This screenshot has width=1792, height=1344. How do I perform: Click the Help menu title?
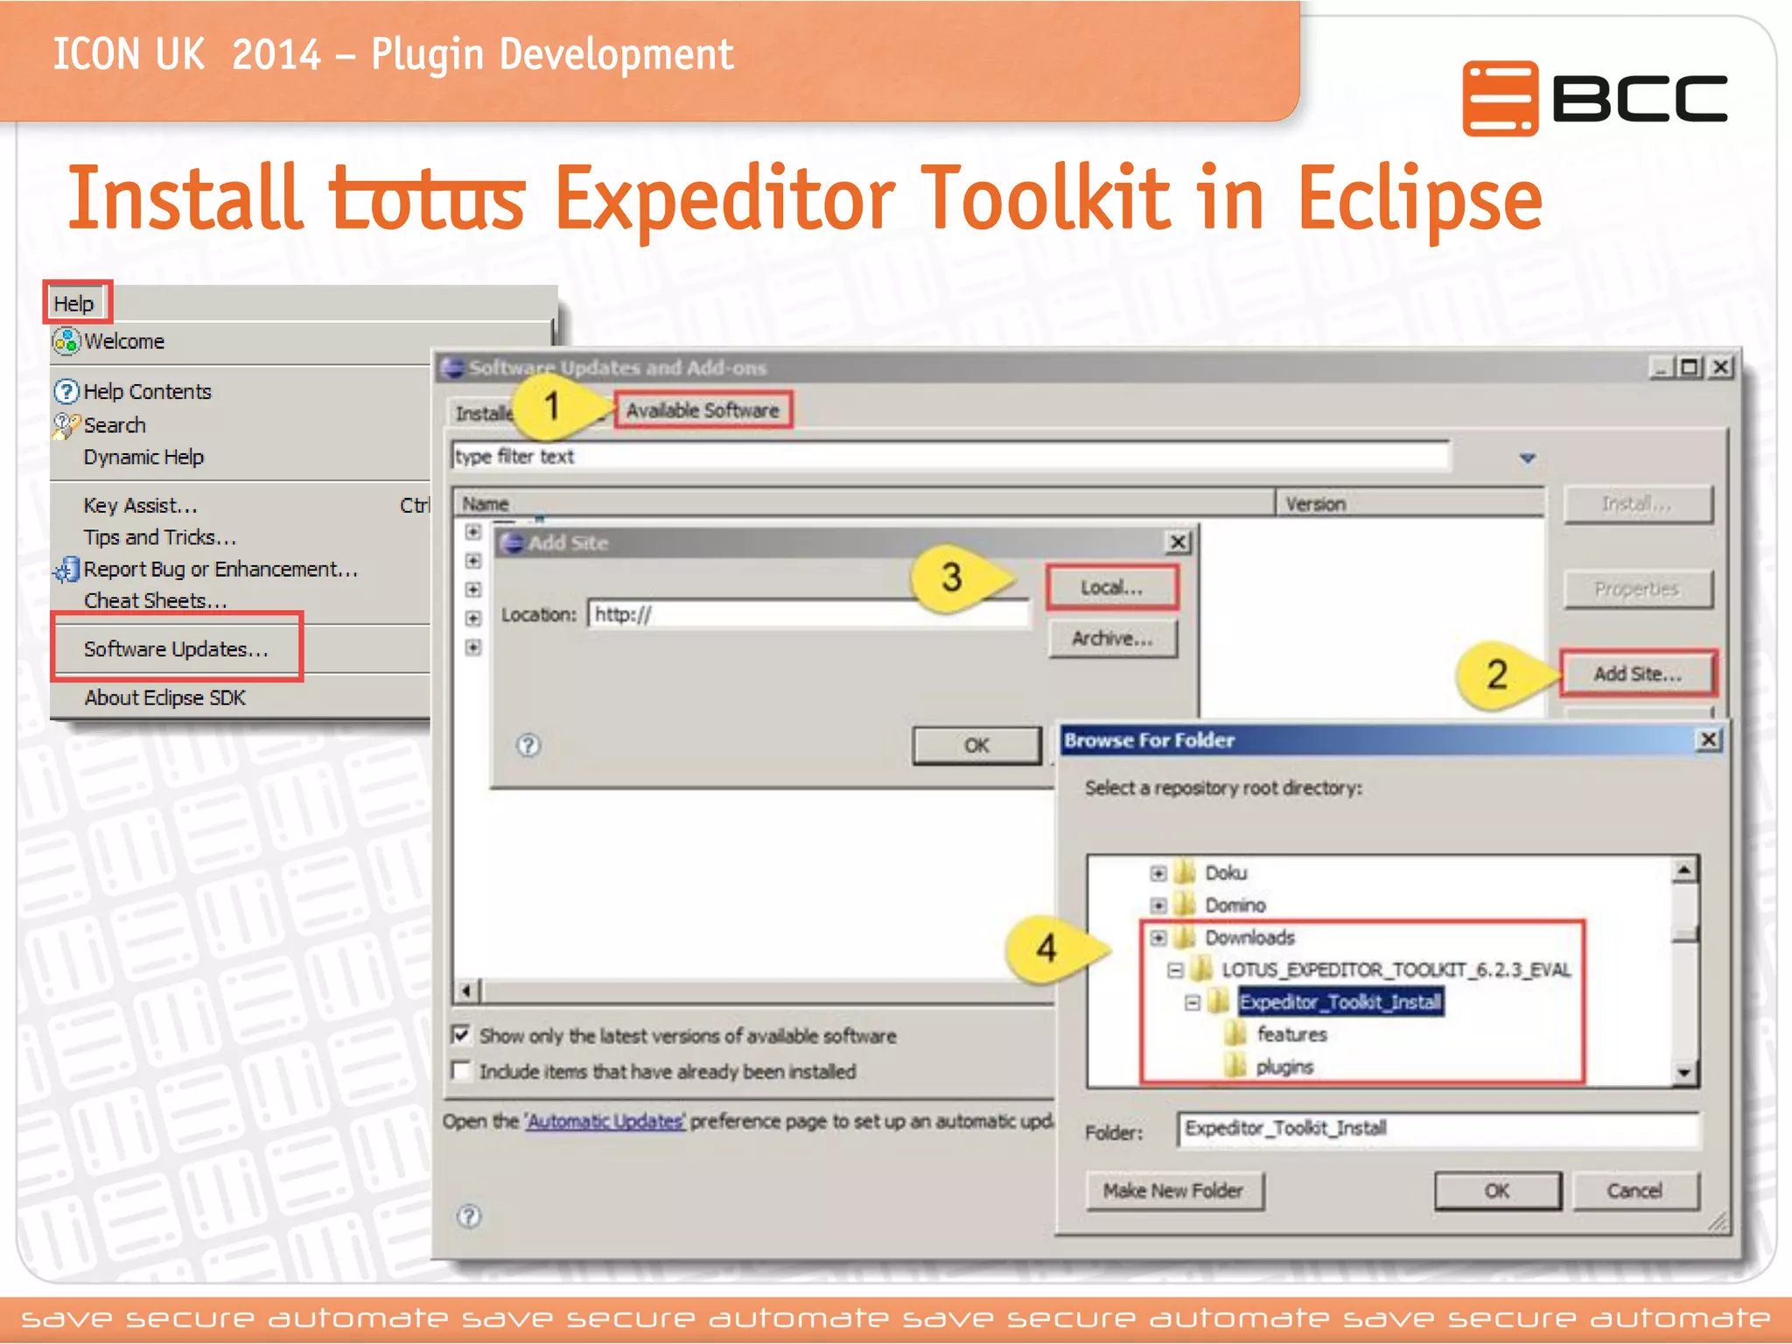pos(73,304)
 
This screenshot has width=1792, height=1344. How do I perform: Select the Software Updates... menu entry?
pos(175,649)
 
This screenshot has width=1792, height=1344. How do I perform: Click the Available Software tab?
pos(702,410)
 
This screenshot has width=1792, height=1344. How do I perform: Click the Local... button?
pos(1111,588)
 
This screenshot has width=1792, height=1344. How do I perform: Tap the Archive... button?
pos(1112,639)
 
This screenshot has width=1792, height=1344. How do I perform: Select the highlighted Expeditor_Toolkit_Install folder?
pos(1340,1002)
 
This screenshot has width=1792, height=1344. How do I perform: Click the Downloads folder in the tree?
pos(1249,938)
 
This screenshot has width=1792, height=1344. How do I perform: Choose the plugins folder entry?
pos(1284,1067)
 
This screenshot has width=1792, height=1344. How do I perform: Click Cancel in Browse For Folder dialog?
pos(1634,1191)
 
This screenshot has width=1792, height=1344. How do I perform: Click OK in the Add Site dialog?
pos(976,745)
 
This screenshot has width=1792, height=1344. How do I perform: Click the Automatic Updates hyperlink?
pos(605,1122)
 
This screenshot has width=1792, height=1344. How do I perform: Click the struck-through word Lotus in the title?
pos(427,199)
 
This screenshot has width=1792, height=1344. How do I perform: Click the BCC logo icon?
pos(1500,98)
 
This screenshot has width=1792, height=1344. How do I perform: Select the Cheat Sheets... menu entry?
pos(155,601)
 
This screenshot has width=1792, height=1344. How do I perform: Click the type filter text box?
pos(949,457)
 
